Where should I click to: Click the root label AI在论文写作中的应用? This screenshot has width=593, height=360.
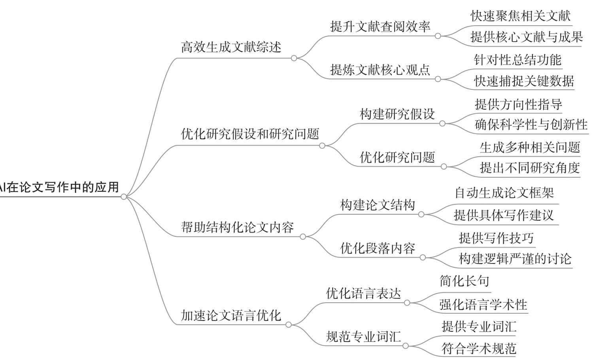coord(59,187)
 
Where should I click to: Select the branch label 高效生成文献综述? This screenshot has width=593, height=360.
coord(231,47)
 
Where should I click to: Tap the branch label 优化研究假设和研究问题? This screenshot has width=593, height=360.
coord(250,134)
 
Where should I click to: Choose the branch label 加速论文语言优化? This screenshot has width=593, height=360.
coord(231,316)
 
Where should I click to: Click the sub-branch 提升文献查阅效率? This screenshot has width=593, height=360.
coord(380,26)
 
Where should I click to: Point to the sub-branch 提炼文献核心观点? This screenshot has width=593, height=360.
coord(380,70)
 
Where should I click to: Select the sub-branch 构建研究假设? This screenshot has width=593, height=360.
coord(397,114)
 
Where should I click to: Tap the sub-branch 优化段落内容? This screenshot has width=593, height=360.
coord(378,248)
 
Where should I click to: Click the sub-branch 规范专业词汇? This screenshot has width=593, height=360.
coord(363,337)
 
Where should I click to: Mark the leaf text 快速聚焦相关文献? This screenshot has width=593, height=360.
coord(521,16)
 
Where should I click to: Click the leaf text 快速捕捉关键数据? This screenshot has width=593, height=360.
coord(524,81)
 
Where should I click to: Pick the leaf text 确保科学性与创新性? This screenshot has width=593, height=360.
coord(531,124)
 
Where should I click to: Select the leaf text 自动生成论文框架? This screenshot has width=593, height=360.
coord(504,193)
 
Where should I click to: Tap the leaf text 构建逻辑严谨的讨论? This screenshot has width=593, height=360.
coord(515,259)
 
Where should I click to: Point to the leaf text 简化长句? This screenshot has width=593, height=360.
coord(464,281)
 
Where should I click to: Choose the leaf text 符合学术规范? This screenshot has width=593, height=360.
coord(479,349)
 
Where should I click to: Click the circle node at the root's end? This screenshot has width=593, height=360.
coord(124,197)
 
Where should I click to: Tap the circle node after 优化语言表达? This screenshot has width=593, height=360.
coord(407,303)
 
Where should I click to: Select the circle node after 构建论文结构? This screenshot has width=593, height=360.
coord(421,214)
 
